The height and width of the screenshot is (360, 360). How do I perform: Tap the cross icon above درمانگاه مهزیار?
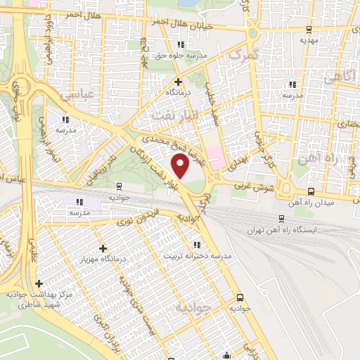[103, 248]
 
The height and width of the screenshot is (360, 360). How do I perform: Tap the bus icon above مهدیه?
[309, 30]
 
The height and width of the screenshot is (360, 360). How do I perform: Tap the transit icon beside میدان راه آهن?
[310, 190]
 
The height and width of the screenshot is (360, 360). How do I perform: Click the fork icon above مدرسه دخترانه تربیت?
[197, 245]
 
